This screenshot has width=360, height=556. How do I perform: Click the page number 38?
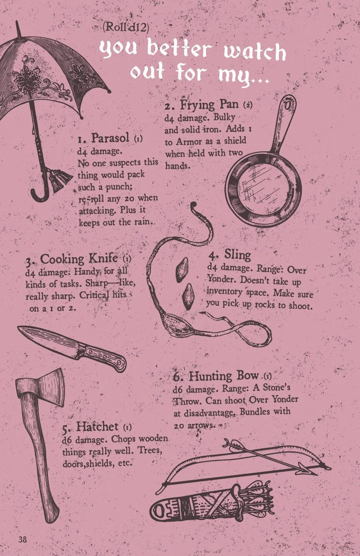(x=22, y=539)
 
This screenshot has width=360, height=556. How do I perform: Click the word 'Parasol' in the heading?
(x=110, y=138)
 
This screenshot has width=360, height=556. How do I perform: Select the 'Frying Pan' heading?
(x=209, y=105)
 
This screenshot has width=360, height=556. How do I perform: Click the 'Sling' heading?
(x=238, y=255)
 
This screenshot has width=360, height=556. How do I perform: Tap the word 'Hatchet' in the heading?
(x=97, y=426)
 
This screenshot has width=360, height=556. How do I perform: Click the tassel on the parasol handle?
(x=60, y=179)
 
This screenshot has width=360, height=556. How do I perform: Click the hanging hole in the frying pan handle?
(x=288, y=105)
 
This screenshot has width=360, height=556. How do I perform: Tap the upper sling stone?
(x=182, y=269)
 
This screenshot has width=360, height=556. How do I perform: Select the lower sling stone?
(x=189, y=296)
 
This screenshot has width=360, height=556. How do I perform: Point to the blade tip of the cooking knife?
(x=18, y=327)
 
